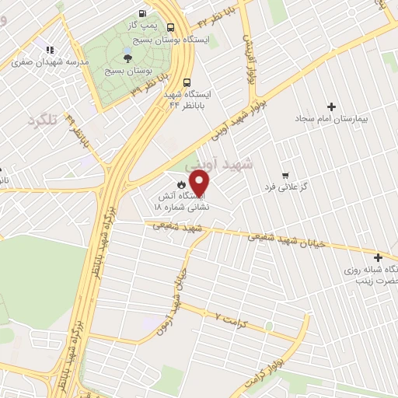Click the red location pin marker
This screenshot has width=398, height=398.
pos(201,183)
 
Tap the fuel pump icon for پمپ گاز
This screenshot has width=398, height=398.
pos(141,13)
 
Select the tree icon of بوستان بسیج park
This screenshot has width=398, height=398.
pos(127,56)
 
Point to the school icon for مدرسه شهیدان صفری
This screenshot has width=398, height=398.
pos(50,49)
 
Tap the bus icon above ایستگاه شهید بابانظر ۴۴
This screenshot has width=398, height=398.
pos(187,82)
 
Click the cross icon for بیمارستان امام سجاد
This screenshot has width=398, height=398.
pos(332,106)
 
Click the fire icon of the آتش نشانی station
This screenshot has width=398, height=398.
pos(180,184)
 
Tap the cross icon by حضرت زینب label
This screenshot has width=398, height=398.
pos(378,257)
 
